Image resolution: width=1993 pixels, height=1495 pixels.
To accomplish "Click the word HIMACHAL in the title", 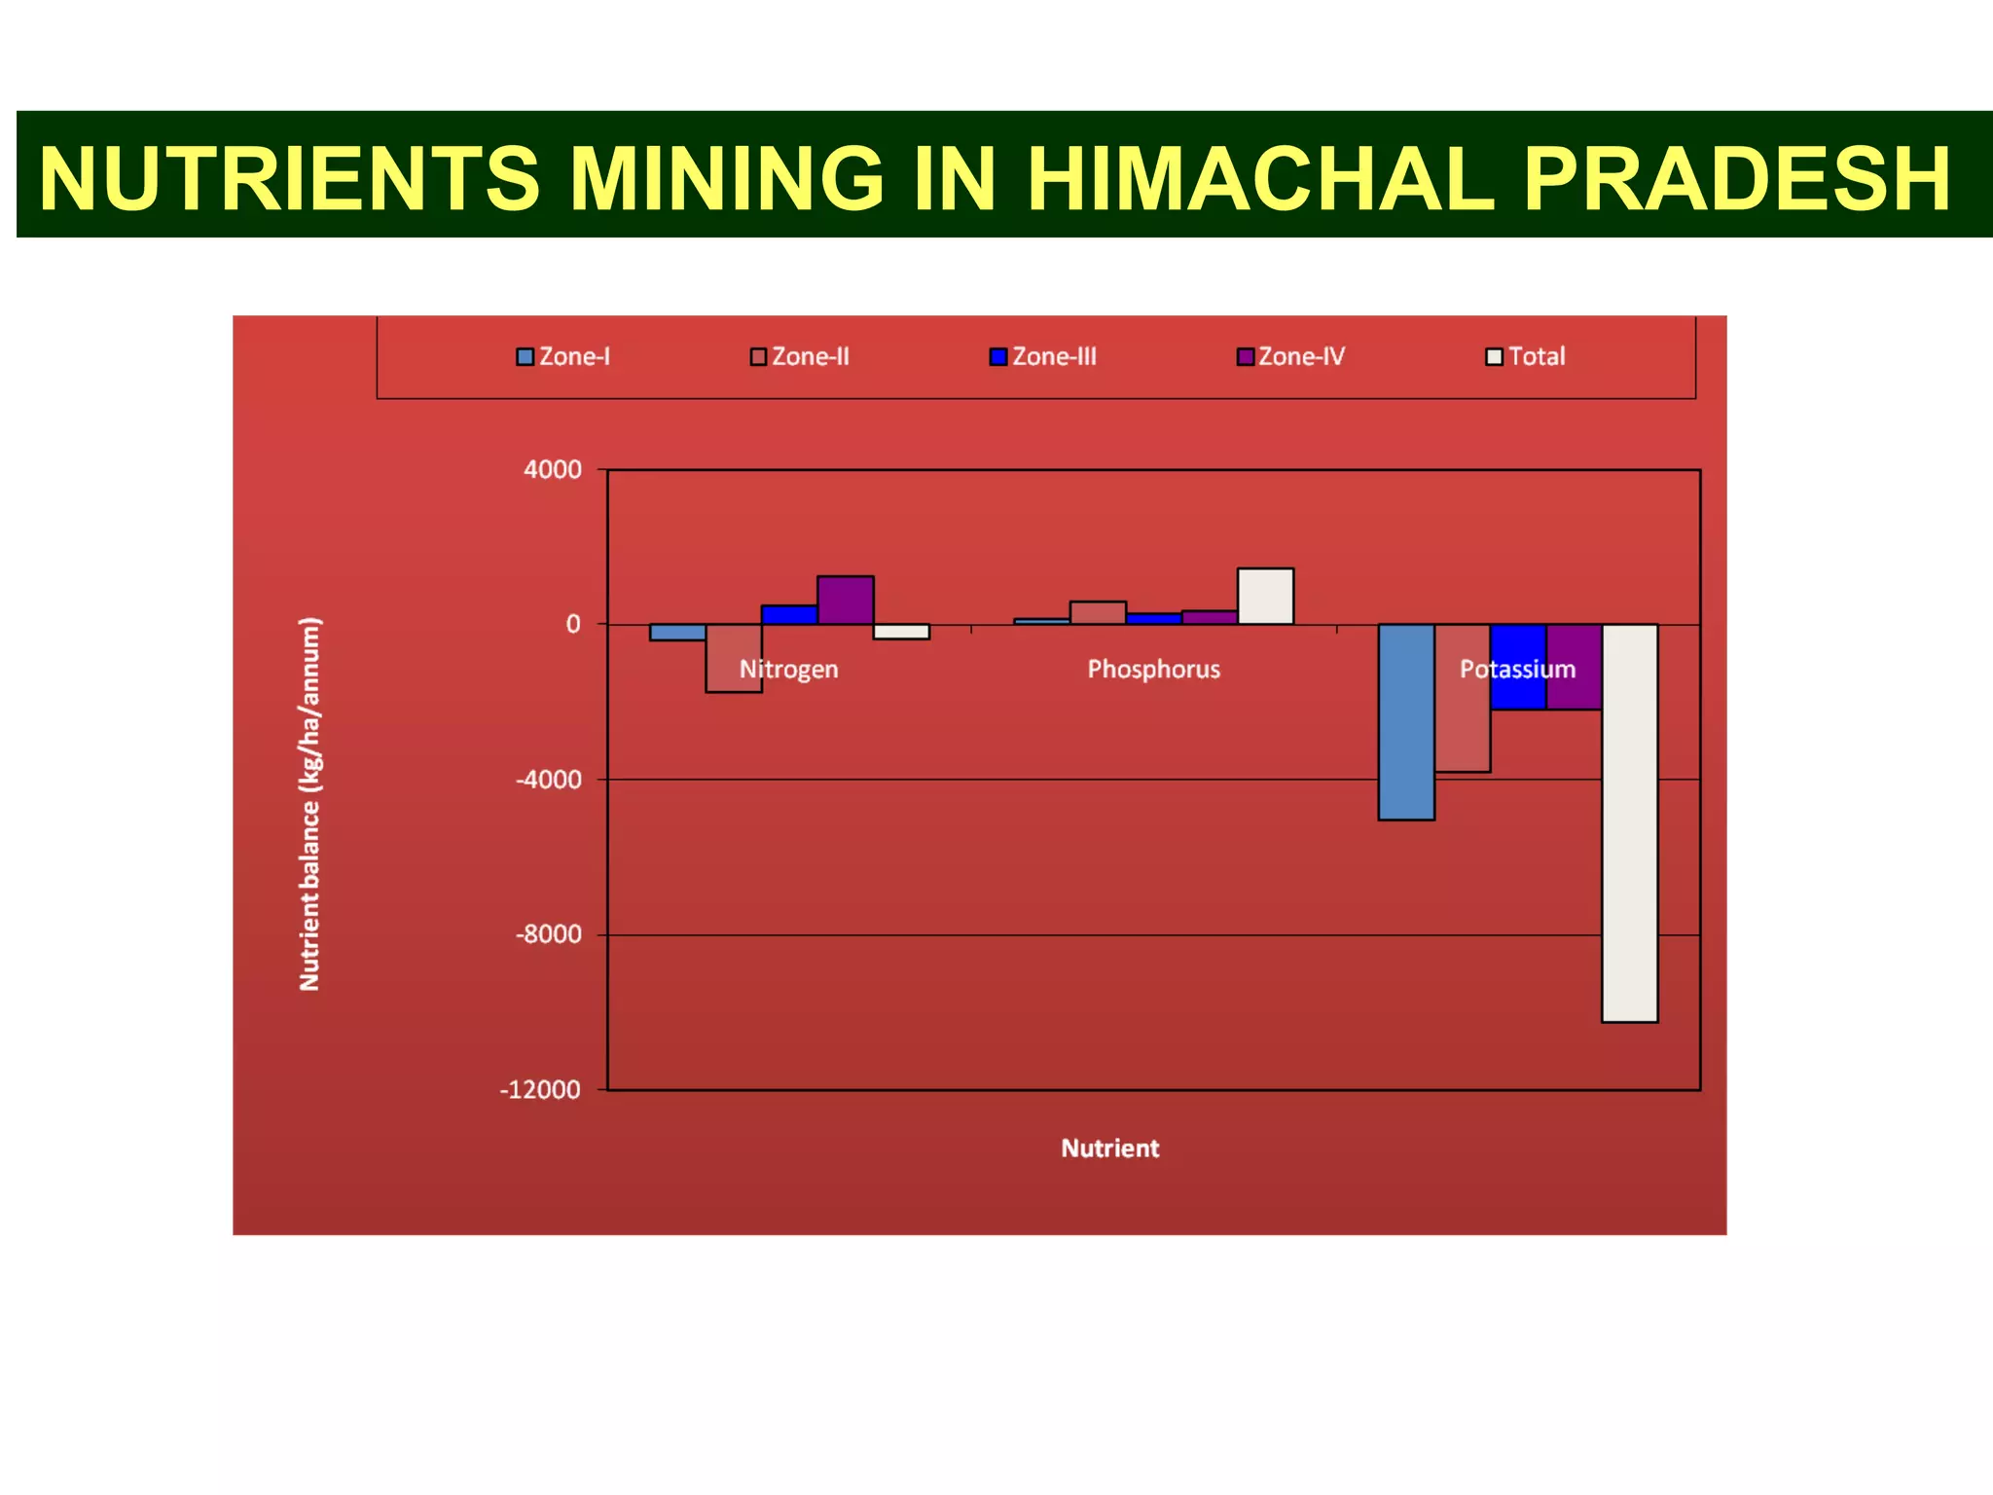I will point(1260,179).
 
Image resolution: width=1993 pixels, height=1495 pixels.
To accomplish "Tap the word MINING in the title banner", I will point(726,179).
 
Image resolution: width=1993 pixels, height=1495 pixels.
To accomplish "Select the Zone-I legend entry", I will point(563,357).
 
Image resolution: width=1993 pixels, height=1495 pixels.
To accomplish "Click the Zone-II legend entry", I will point(800,357).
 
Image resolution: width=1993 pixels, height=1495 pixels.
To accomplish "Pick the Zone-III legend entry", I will point(1043,357).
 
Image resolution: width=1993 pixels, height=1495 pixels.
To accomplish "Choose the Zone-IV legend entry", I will point(1291,357).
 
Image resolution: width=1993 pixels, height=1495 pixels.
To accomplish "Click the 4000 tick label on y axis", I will point(553,470).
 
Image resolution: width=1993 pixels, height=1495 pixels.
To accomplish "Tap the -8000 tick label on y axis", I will point(549,934).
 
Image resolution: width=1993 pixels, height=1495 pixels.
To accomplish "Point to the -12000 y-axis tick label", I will point(540,1090).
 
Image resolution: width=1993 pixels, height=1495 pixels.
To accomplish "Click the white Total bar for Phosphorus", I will point(1265,597).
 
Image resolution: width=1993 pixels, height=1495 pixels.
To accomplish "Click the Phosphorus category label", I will point(1153,670).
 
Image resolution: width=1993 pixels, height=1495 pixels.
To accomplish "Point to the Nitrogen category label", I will point(789,670).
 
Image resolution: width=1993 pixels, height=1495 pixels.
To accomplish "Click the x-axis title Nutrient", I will point(1109,1149).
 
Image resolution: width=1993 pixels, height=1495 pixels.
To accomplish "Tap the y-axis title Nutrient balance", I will point(309,804).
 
